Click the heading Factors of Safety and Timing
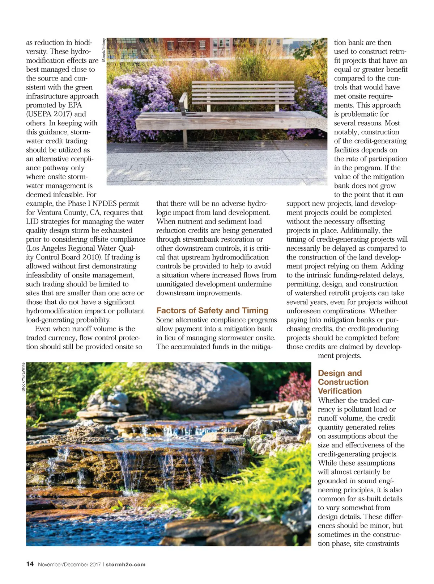tap(212, 310)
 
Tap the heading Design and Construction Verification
tap(343, 382)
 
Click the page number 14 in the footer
tap(30, 564)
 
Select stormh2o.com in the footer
tap(125, 564)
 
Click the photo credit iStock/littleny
tap(104, 50)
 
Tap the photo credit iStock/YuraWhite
tap(23, 377)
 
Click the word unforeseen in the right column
tap(306, 311)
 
